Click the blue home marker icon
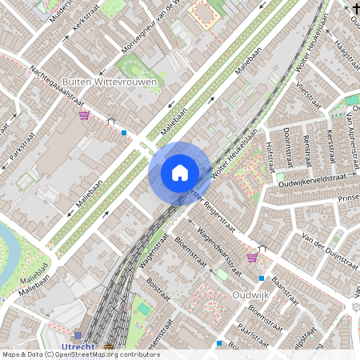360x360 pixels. [x=180, y=172]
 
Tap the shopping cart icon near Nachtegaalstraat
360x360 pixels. [x=84, y=114]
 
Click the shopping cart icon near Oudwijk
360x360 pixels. [x=252, y=257]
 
